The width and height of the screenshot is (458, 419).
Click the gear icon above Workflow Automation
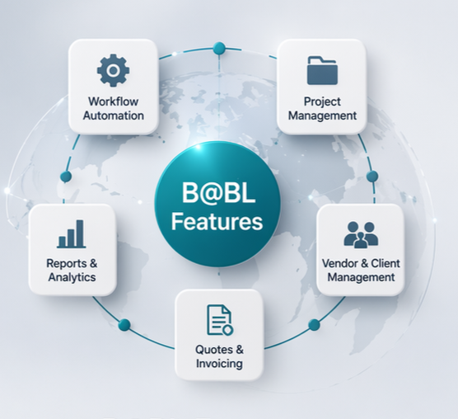(114, 70)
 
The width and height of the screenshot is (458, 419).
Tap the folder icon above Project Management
(322, 70)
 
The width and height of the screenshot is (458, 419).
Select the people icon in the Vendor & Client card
(361, 235)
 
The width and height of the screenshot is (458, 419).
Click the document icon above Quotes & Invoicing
(220, 319)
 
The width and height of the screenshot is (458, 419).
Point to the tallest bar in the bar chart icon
(80, 233)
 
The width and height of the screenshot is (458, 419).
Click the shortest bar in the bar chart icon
(62, 242)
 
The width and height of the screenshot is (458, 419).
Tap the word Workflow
(114, 101)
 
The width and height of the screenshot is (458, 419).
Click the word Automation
(114, 115)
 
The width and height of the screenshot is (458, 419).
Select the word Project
(322, 102)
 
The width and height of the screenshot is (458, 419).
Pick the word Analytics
(72, 277)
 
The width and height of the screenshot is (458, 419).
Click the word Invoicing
(219, 364)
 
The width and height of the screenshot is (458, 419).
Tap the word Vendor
(339, 263)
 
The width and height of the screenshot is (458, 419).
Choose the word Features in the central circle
(217, 221)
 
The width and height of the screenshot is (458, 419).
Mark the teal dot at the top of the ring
(219, 48)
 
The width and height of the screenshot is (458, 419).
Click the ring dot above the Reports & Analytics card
(66, 177)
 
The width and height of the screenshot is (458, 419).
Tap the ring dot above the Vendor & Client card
(372, 177)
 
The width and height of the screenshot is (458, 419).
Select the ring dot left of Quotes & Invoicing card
(124, 325)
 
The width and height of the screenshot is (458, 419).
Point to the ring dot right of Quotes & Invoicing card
(315, 325)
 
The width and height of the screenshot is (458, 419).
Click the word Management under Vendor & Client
(361, 277)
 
